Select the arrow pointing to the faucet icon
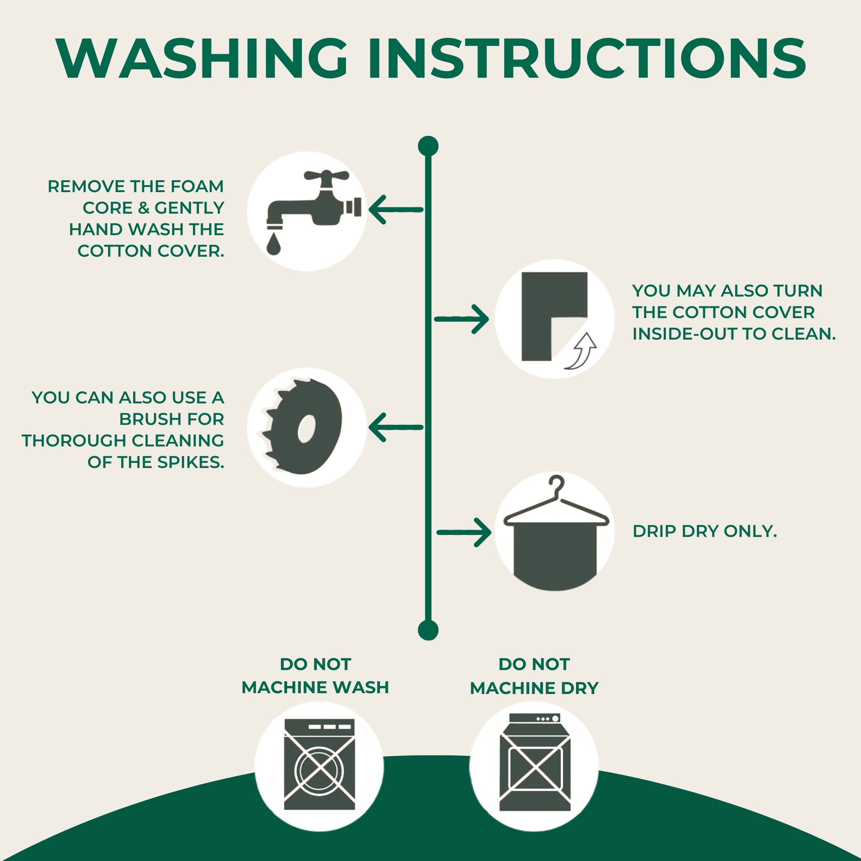396,209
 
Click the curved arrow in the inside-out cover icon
580,351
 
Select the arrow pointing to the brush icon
396,427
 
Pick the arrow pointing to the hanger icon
464,532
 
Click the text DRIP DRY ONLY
704,531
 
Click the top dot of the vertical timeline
428,146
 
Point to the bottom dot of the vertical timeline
428,630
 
